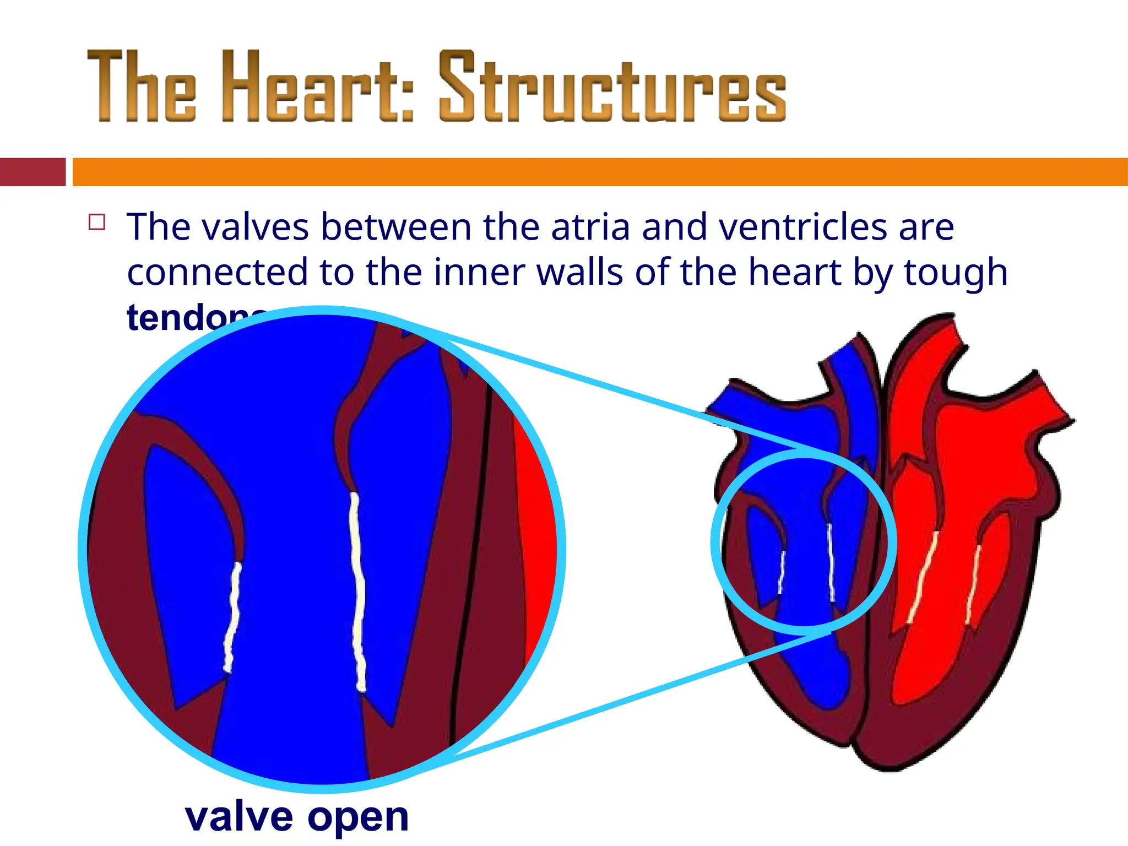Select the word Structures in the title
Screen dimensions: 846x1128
point(612,86)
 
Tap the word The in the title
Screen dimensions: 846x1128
point(142,86)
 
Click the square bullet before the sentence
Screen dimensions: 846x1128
point(97,222)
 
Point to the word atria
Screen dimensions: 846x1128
point(590,227)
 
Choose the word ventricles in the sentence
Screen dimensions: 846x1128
point(804,227)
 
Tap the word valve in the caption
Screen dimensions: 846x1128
point(239,816)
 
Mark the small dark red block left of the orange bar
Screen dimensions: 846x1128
point(32,172)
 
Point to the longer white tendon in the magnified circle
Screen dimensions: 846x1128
point(358,592)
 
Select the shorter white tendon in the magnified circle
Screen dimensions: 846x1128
point(232,617)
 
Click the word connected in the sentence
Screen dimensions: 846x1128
point(217,272)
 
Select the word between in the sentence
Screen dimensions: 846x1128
point(396,227)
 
